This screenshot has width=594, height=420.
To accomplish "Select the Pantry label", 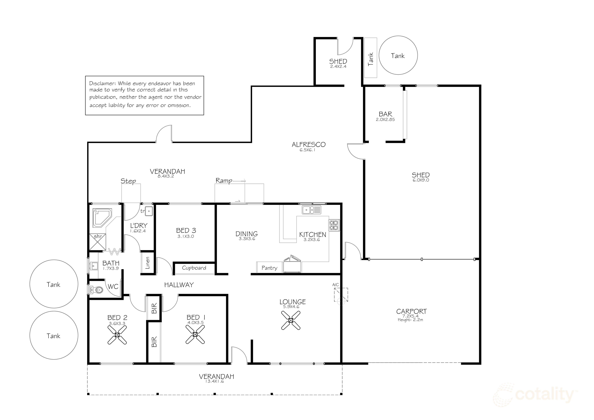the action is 269,268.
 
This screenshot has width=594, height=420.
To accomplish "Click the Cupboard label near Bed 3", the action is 194,268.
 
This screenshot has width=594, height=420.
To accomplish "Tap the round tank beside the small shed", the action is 398,55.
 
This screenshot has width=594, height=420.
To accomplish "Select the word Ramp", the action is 224,181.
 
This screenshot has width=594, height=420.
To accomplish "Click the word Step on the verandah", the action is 128,181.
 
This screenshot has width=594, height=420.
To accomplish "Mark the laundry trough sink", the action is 149,211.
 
